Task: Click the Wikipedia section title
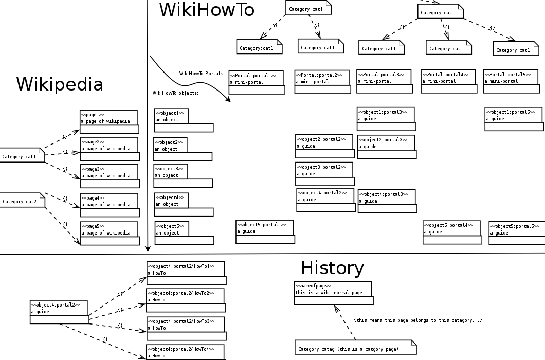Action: (x=60, y=84)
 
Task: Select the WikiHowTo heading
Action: (x=207, y=10)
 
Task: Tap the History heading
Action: (x=332, y=268)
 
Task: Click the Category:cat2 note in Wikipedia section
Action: (x=22, y=201)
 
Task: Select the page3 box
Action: (x=109, y=176)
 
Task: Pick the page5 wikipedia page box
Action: (x=110, y=233)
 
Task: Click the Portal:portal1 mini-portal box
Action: (x=256, y=82)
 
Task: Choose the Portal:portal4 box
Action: (x=448, y=81)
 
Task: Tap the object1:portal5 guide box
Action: (x=514, y=119)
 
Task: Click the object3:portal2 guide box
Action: (x=324, y=174)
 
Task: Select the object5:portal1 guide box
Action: (x=265, y=231)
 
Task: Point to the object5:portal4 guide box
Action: (x=452, y=232)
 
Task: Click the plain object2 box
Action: (x=182, y=149)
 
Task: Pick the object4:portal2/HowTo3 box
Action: (x=186, y=328)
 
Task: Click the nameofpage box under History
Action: (x=333, y=293)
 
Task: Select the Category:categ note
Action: (x=355, y=348)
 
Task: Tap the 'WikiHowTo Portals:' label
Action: (x=202, y=74)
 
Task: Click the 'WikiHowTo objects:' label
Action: (x=175, y=93)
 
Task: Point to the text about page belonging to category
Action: (x=418, y=320)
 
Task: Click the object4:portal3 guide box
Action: (x=387, y=201)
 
